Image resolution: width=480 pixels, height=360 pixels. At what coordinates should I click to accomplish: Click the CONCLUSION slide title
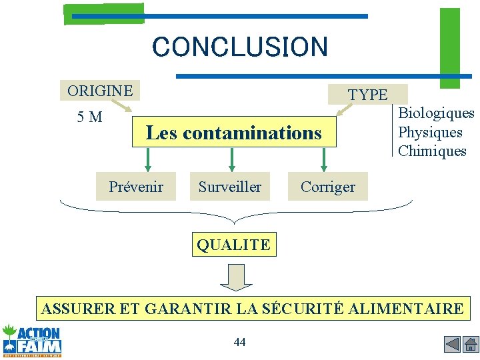tap(240, 47)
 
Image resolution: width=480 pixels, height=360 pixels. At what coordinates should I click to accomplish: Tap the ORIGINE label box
tap(100, 91)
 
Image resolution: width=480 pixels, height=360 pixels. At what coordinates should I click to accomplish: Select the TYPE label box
tap(367, 95)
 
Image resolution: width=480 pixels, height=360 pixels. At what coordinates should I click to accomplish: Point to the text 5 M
tap(89, 118)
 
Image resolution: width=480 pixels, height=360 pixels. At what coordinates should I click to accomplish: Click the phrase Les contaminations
tap(233, 133)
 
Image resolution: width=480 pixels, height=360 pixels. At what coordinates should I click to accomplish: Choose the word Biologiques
tap(436, 113)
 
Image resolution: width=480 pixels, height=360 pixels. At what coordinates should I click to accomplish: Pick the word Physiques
tap(430, 132)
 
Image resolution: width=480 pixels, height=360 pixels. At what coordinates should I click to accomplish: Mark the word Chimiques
tap(432, 151)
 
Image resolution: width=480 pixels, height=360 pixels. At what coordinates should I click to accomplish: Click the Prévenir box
tap(136, 187)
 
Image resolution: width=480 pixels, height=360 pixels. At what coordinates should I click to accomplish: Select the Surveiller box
tap(230, 187)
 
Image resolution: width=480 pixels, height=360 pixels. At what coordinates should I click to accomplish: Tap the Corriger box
tap(328, 187)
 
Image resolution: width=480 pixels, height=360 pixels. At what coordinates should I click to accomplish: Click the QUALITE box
tap(233, 245)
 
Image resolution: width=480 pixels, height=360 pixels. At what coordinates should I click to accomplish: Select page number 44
tap(240, 342)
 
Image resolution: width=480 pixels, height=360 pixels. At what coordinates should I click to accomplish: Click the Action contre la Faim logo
tap(32, 340)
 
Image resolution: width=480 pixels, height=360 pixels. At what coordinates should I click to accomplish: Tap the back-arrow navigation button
tap(452, 345)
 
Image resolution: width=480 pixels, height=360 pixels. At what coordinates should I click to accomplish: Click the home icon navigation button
tap(471, 345)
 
